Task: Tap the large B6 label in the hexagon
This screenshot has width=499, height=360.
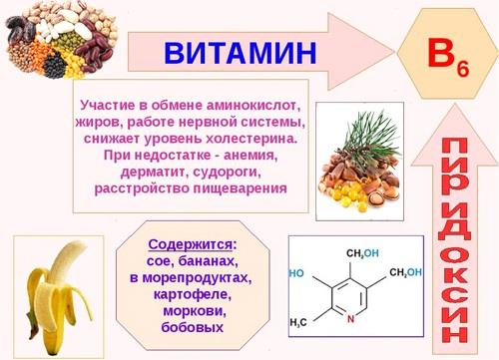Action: click(446, 51)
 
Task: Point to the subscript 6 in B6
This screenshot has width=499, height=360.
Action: click(463, 61)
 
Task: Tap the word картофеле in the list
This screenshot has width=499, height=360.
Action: click(191, 294)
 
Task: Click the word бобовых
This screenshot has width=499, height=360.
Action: click(191, 327)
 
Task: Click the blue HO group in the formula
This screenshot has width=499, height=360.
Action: click(296, 272)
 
